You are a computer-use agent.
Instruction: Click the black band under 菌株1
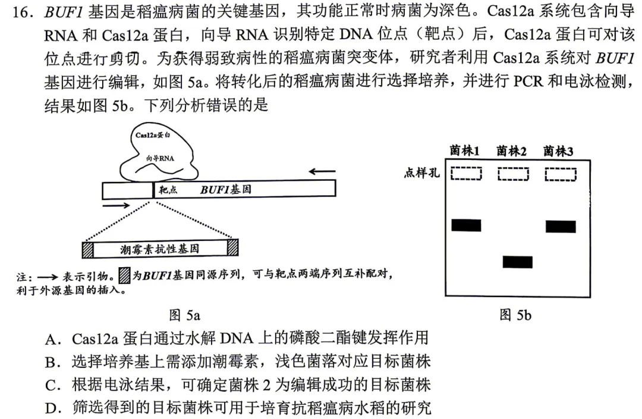466,226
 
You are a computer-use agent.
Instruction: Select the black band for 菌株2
518,262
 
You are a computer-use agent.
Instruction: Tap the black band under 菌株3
561,226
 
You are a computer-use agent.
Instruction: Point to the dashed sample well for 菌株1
466,174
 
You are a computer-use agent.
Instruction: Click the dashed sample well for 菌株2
513,174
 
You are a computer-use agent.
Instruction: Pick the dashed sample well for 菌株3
561,174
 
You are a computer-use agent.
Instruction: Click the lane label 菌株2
511,151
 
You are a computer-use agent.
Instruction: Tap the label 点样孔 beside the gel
421,173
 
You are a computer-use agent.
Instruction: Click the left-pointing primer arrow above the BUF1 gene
322,171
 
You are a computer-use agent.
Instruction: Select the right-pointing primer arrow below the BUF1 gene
117,205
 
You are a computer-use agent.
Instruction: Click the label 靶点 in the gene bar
168,190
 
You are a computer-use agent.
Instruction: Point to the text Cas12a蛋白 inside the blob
153,135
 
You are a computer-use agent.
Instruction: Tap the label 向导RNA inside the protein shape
160,158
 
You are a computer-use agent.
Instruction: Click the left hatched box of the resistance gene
87,249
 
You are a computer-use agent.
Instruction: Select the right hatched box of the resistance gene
232,248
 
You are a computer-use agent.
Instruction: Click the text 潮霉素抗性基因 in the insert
160,249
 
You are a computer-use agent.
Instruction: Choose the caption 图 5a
185,315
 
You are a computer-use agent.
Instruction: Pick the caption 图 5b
515,315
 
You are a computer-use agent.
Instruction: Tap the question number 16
23,12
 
